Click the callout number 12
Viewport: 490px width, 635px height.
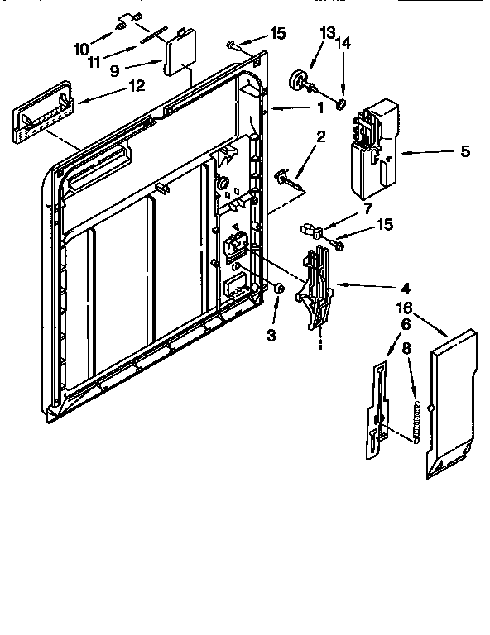click(136, 84)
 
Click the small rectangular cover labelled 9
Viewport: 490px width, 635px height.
click(179, 57)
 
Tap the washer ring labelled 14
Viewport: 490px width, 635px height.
click(340, 103)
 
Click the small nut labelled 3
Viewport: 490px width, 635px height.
click(280, 289)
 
